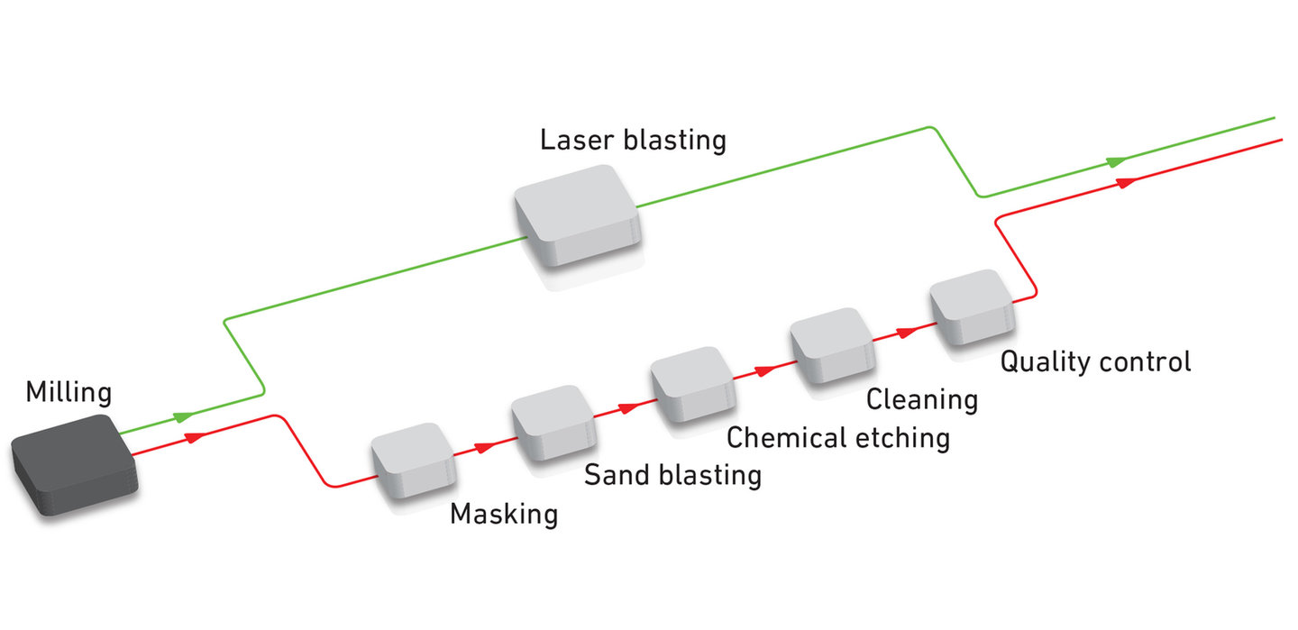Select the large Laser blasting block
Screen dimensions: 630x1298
click(577, 215)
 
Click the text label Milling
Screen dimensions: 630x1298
click(69, 393)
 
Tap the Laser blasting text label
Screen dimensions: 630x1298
click(633, 141)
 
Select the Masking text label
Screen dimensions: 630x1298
click(504, 515)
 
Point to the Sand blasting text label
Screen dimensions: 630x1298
click(672, 474)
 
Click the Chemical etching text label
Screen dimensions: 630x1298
click(838, 438)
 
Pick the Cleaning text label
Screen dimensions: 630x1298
click(922, 398)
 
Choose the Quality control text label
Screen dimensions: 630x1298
click(1095, 361)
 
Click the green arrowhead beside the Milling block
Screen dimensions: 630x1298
click(184, 416)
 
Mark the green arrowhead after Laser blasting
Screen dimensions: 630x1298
click(1116, 162)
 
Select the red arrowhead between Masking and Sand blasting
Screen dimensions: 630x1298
click(484, 446)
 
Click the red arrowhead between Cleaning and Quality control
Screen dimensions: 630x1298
click(905, 332)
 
